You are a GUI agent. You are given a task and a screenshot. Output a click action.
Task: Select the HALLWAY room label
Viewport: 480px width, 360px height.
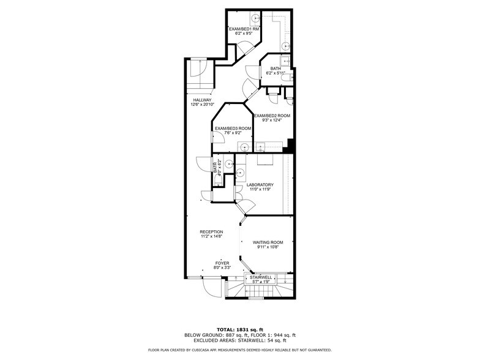click(202, 100)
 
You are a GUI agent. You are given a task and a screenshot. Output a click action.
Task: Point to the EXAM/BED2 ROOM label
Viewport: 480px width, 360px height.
click(272, 116)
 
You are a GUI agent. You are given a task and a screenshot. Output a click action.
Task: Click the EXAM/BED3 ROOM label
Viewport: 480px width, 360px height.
click(233, 128)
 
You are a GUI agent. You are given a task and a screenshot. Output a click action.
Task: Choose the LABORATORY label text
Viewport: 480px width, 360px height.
click(260, 185)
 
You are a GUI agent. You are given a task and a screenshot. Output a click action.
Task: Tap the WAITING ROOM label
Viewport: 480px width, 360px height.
click(268, 242)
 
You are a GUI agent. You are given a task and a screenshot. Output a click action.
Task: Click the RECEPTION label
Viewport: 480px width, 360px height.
click(211, 231)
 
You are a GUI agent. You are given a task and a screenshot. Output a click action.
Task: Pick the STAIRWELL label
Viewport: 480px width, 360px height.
click(261, 277)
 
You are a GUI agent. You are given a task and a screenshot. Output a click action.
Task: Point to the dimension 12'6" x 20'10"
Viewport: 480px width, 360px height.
click(202, 105)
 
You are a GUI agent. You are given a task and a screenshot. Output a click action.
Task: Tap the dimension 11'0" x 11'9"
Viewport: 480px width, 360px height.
click(260, 190)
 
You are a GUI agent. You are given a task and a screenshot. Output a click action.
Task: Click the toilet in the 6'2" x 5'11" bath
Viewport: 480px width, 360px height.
click(287, 75)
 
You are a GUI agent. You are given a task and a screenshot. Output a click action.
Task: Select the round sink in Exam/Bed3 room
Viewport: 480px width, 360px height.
click(244, 146)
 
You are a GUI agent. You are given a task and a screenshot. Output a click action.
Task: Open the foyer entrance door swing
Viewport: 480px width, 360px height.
click(212, 288)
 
